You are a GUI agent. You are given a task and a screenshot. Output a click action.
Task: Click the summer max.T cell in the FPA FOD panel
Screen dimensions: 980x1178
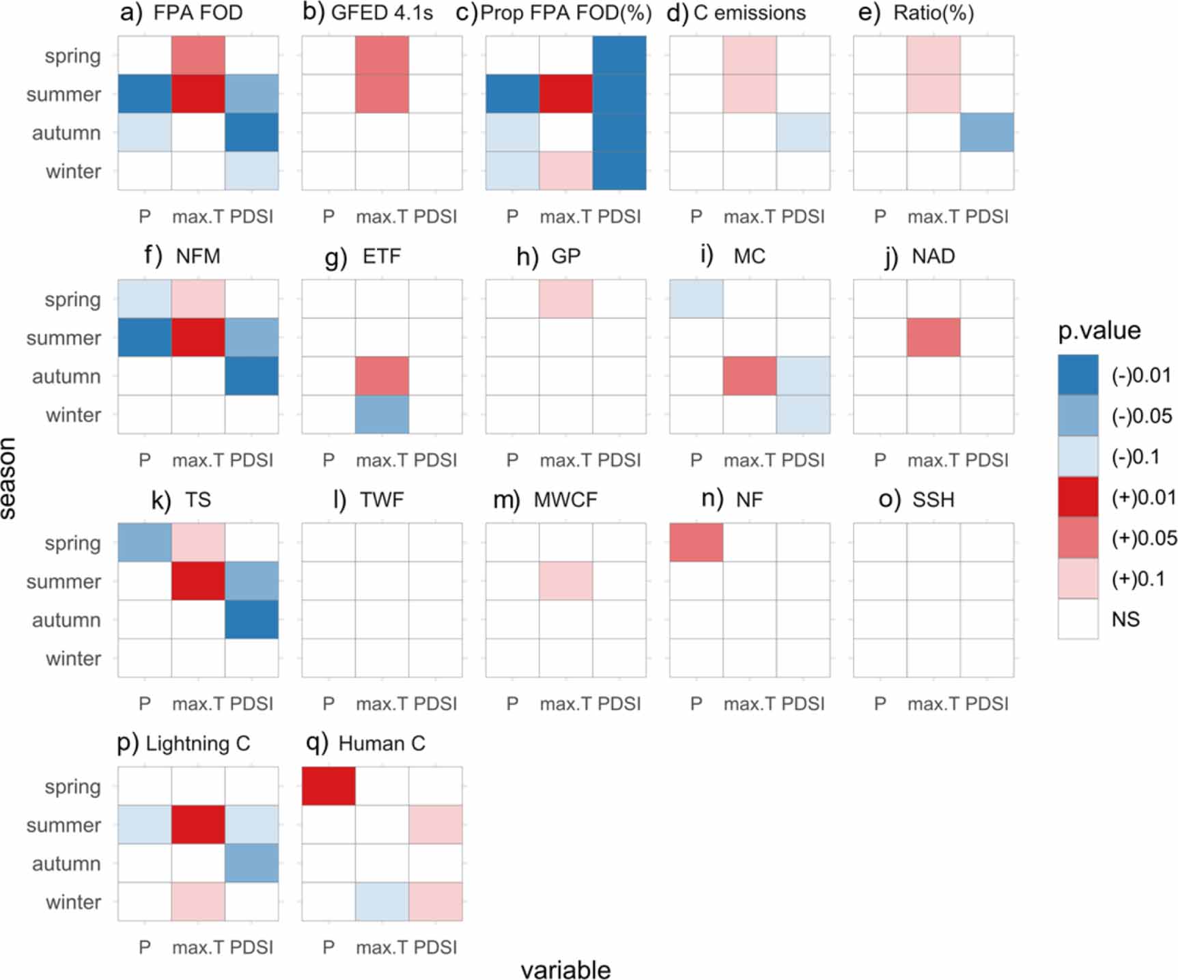click(x=198, y=94)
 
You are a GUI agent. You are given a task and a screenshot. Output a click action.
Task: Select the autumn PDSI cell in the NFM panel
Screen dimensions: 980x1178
click(x=252, y=376)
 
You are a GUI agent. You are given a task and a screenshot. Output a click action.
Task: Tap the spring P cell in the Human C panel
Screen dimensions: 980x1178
click(x=328, y=786)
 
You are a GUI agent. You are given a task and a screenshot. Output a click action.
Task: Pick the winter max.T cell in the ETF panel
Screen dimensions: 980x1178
click(x=382, y=415)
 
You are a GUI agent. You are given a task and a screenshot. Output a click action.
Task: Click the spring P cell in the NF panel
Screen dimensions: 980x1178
click(x=696, y=542)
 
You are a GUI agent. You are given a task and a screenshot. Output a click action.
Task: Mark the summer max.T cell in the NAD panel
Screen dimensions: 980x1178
click(x=934, y=337)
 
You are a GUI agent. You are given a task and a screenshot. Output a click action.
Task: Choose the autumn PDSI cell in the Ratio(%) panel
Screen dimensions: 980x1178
click(x=987, y=132)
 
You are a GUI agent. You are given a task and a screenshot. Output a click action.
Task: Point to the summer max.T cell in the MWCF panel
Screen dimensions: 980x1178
click(x=566, y=581)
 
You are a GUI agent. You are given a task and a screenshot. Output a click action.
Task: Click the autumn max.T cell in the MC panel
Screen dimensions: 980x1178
click(x=750, y=376)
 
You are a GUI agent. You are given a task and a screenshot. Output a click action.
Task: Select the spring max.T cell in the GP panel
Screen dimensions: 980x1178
click(x=566, y=298)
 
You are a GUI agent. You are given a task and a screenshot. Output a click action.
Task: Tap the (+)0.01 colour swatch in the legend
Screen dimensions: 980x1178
click(x=1078, y=497)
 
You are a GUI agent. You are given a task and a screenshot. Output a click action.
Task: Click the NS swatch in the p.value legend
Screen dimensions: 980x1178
click(x=1078, y=619)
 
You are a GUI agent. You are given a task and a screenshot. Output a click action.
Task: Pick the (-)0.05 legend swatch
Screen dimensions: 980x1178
click(x=1078, y=416)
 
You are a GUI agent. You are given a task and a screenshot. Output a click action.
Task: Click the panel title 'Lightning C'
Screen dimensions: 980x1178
click(x=198, y=743)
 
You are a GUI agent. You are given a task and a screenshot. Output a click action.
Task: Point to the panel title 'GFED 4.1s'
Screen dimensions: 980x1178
click(x=382, y=13)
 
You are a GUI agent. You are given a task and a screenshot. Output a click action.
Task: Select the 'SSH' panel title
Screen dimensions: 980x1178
click(x=933, y=500)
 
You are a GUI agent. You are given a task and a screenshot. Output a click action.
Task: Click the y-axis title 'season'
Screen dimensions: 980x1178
click(x=8, y=478)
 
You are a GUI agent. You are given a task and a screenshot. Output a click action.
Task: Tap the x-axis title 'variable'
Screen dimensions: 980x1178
click(x=565, y=970)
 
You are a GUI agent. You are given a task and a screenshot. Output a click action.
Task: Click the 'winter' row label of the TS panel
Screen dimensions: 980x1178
click(x=73, y=658)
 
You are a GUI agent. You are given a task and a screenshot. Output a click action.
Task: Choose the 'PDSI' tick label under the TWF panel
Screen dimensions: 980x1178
click(x=436, y=703)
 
